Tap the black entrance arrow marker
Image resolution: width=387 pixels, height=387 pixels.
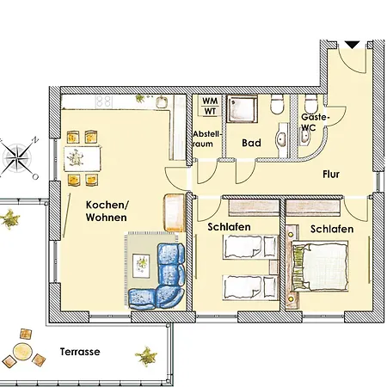point(351,43)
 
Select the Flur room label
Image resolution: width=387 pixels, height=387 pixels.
point(331,175)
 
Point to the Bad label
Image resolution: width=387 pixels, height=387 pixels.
point(250,143)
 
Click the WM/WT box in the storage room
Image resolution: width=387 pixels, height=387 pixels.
point(209,106)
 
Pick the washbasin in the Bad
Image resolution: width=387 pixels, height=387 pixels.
point(281,140)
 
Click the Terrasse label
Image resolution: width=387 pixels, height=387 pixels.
point(80,352)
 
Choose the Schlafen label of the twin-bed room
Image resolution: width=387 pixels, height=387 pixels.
point(229,227)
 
